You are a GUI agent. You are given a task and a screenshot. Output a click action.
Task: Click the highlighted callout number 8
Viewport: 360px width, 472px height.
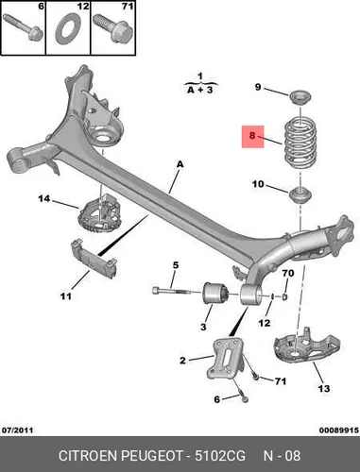(x=251, y=136)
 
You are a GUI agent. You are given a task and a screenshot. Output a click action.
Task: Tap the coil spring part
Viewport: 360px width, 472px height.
(x=300, y=143)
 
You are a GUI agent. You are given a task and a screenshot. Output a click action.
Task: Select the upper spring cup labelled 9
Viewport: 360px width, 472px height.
(x=300, y=97)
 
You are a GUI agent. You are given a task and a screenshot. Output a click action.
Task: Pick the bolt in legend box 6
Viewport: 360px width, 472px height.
(x=23, y=27)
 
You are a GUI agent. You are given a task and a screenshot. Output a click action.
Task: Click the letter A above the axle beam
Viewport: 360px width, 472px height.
(x=180, y=164)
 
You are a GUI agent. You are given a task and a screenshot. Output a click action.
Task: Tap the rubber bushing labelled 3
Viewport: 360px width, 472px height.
(x=215, y=294)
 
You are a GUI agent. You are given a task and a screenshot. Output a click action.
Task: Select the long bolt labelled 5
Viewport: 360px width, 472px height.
(x=171, y=291)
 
